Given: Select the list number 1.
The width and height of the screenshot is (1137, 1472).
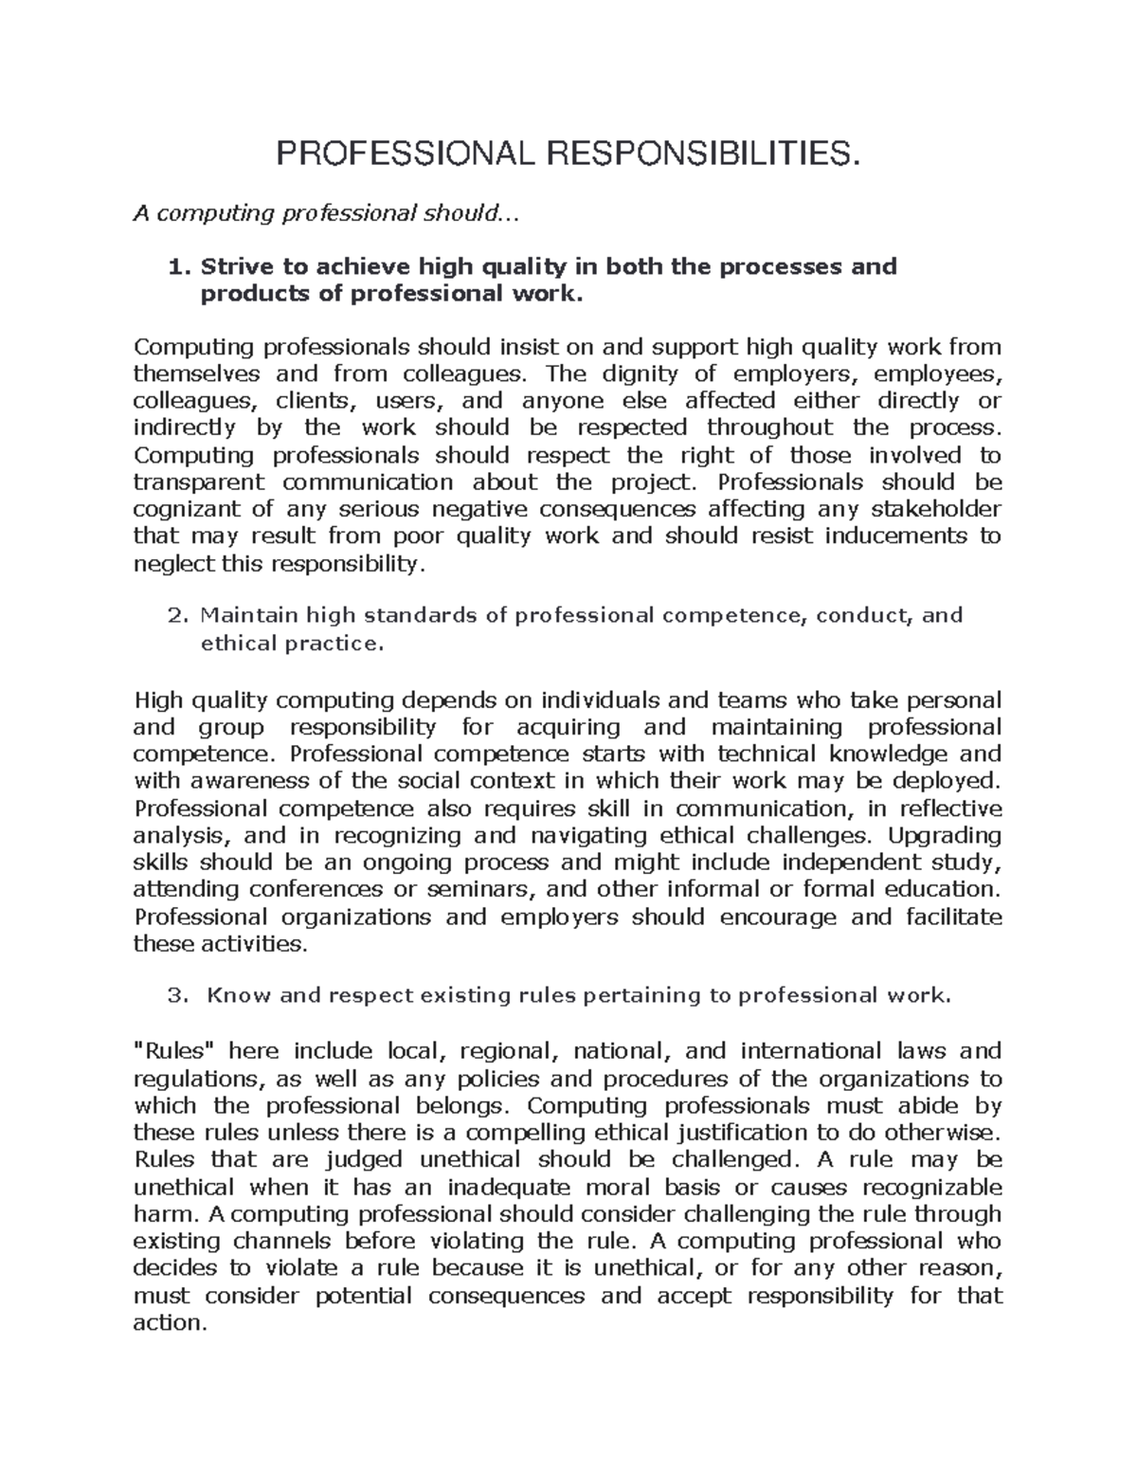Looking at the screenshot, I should (174, 266).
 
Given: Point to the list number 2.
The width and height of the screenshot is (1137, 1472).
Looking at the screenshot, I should (174, 616).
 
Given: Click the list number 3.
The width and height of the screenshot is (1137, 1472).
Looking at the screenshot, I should (174, 995).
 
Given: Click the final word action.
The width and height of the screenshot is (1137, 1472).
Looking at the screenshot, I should (170, 1324).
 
